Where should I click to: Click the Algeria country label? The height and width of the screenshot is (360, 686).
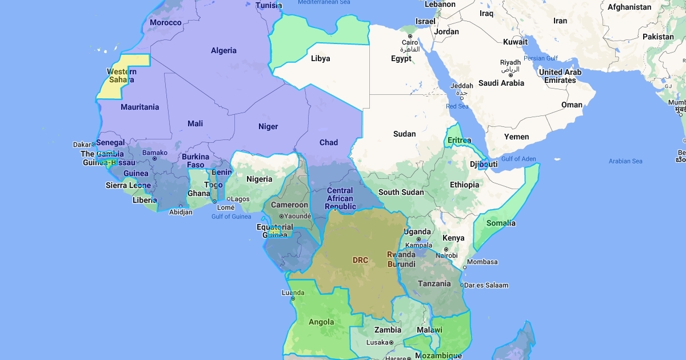coord(224,50)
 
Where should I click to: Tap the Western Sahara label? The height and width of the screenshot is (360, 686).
coord(122,75)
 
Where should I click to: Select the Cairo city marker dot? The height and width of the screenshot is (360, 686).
coord(410,36)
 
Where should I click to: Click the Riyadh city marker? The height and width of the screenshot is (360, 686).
coord(510,70)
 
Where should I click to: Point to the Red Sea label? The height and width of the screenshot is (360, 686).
coord(457,106)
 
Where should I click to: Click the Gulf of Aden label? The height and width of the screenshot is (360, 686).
coord(519,159)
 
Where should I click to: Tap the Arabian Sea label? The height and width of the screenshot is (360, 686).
coord(625,161)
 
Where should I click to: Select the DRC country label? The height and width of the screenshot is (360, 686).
coord(360,260)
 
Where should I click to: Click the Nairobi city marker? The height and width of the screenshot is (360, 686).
coord(446,250)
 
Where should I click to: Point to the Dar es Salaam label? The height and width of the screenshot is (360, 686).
coord(487,285)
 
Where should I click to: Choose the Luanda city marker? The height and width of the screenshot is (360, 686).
coord(293,298)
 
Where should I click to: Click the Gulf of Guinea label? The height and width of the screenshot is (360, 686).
coord(231,217)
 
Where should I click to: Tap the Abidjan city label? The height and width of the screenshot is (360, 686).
coord(181,213)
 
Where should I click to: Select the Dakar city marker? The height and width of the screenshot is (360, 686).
coord(94,144)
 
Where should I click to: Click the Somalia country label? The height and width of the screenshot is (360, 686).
coord(501,223)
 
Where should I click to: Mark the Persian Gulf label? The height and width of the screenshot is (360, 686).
coord(541,58)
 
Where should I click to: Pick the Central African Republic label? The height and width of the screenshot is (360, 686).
coord(340,198)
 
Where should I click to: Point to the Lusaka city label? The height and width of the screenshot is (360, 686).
coord(377,342)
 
